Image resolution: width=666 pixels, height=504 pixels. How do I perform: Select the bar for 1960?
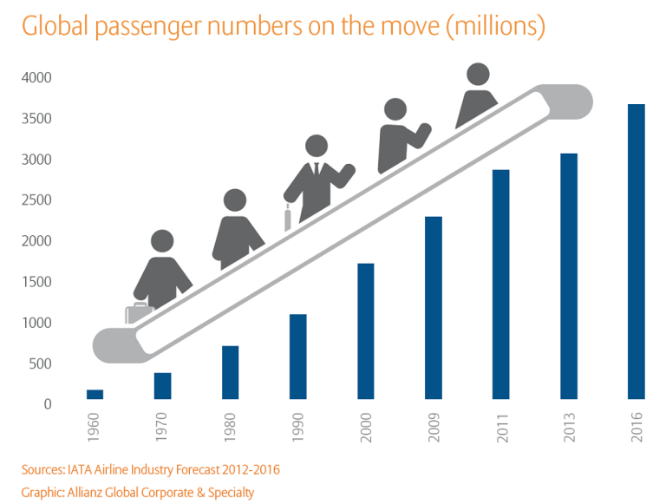click(x=95, y=395)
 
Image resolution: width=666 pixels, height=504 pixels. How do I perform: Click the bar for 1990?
click(x=297, y=357)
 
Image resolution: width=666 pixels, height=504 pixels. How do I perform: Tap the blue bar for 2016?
click(x=637, y=252)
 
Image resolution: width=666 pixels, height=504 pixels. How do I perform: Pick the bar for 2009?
click(x=434, y=308)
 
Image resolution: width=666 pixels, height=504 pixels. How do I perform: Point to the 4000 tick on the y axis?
click(x=36, y=78)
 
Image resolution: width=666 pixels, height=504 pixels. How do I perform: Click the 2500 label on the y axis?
click(x=36, y=200)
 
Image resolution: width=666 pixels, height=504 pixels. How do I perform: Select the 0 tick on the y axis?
click(x=48, y=404)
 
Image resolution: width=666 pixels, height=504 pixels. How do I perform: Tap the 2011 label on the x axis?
click(x=502, y=428)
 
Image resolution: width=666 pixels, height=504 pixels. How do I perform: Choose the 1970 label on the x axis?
click(x=162, y=428)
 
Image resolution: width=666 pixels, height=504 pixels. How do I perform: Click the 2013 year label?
click(x=569, y=428)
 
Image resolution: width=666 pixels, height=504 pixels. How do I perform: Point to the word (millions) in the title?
click(x=496, y=27)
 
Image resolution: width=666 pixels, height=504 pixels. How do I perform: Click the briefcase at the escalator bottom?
click(x=139, y=313)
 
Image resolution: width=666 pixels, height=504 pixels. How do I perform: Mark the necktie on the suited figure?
click(x=317, y=168)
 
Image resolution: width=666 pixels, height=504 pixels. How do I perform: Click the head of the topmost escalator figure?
click(x=478, y=75)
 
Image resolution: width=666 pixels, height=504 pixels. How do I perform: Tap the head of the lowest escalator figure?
click(x=162, y=241)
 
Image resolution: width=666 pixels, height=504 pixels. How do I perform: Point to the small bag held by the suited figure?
click(x=288, y=218)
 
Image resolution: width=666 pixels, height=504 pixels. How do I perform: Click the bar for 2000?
click(x=366, y=331)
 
